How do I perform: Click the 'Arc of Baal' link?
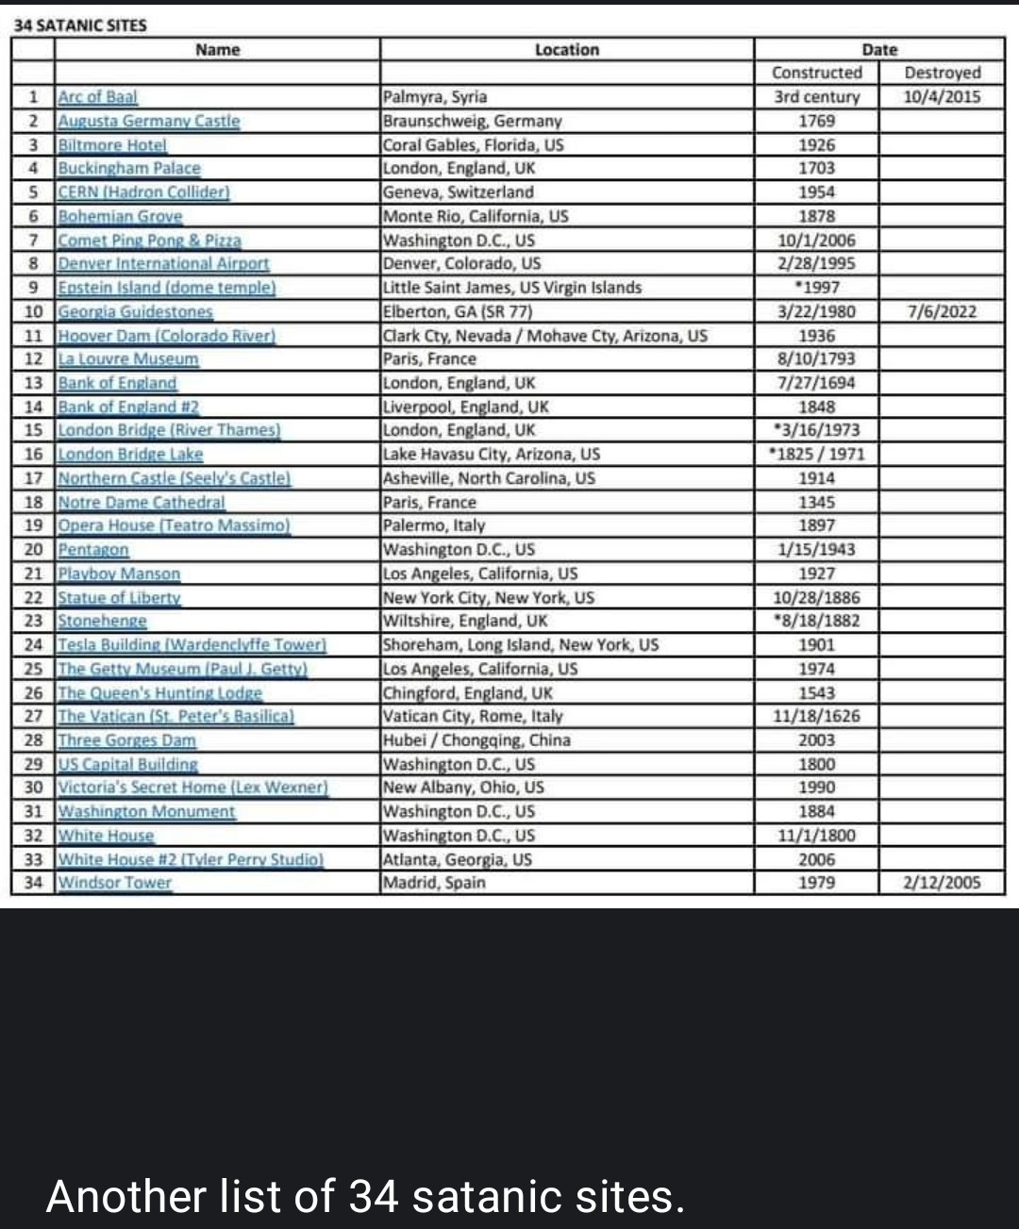[x=97, y=97]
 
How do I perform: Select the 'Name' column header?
[x=217, y=50]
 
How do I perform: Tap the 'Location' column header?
[x=566, y=50]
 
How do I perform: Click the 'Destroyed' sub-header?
[x=942, y=73]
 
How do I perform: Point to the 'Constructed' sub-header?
[x=816, y=73]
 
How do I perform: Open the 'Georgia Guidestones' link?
[x=135, y=312]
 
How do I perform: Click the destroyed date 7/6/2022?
[x=942, y=312]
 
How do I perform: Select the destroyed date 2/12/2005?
[x=942, y=883]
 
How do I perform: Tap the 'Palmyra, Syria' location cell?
[x=435, y=97]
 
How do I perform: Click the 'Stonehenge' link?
[x=102, y=622]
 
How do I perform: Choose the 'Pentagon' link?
[x=93, y=550]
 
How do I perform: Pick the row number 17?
[x=34, y=478]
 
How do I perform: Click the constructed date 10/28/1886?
[x=816, y=598]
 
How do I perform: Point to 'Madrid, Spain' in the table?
[x=434, y=883]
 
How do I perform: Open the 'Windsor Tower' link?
[x=115, y=883]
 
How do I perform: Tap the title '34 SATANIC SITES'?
[x=79, y=25]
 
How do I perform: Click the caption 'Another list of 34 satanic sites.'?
[x=365, y=1196]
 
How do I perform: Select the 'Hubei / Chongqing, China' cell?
[x=476, y=740]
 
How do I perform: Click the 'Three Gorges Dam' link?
[x=126, y=740]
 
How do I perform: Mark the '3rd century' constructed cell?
[x=816, y=97]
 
